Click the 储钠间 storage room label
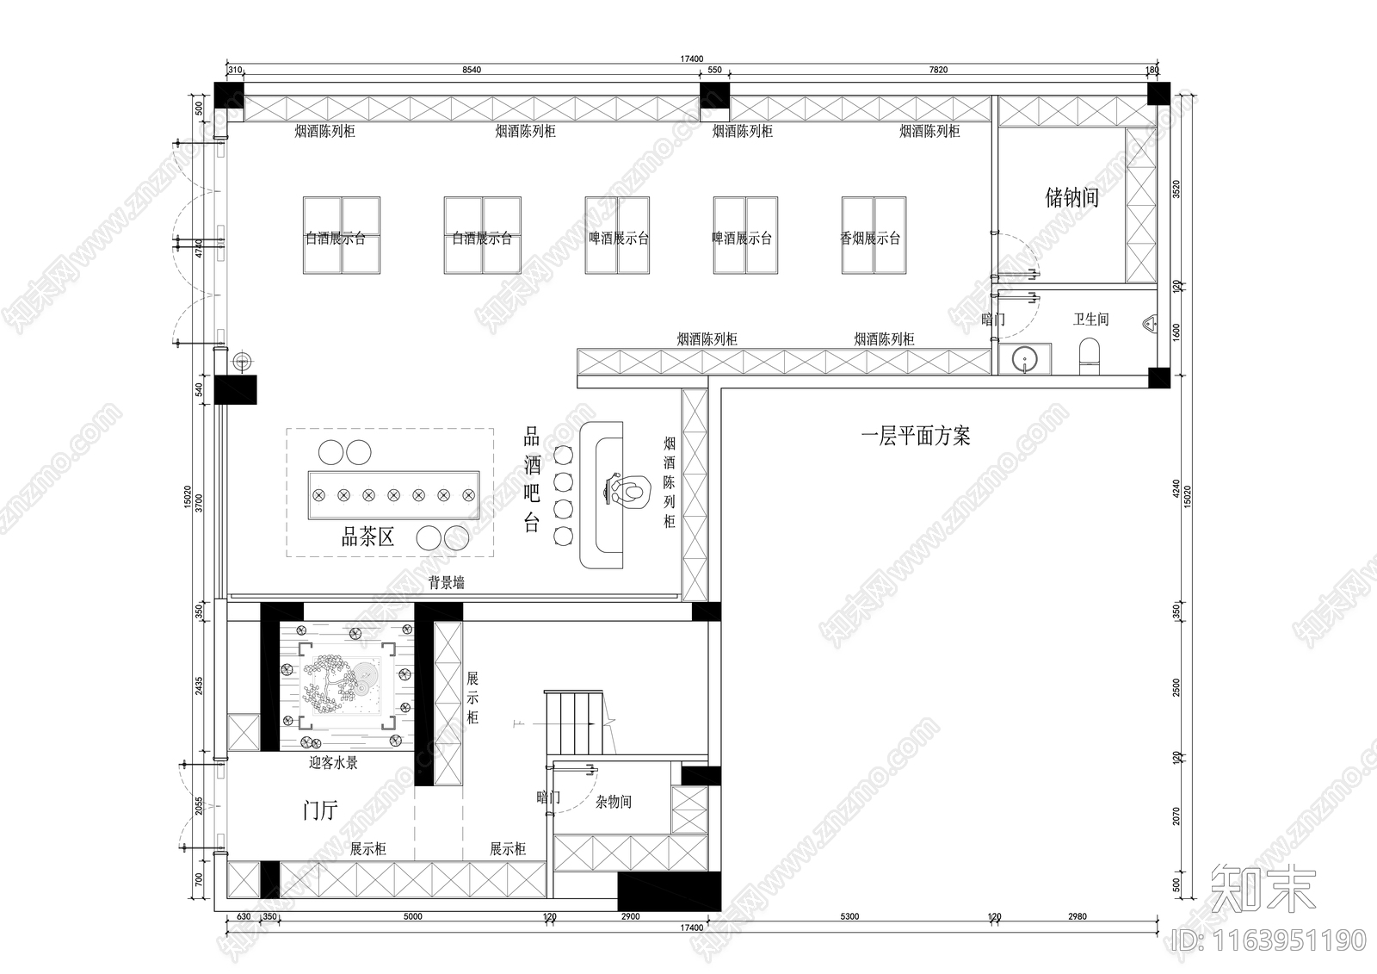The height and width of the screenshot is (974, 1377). pyautogui.click(x=1071, y=198)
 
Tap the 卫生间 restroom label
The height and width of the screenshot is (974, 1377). pyautogui.click(x=1090, y=319)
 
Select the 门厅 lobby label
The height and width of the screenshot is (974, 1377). pyautogui.click(x=320, y=810)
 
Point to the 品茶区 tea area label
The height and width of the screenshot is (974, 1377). pyautogui.click(x=367, y=538)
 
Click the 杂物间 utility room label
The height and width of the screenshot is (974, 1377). pyautogui.click(x=614, y=802)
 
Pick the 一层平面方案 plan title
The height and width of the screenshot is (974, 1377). pyautogui.click(x=916, y=437)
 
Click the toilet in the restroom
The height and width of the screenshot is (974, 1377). pyautogui.click(x=1090, y=354)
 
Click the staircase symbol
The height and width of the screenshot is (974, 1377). pyautogui.click(x=573, y=723)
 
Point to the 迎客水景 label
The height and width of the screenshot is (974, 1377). pyautogui.click(x=333, y=763)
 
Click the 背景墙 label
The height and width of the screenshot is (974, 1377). pyautogui.click(x=447, y=583)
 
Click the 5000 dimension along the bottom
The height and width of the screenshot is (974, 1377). pyautogui.click(x=413, y=917)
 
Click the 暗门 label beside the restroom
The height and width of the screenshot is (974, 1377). pyautogui.click(x=993, y=319)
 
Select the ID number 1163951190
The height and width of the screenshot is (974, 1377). pyautogui.click(x=1269, y=940)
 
